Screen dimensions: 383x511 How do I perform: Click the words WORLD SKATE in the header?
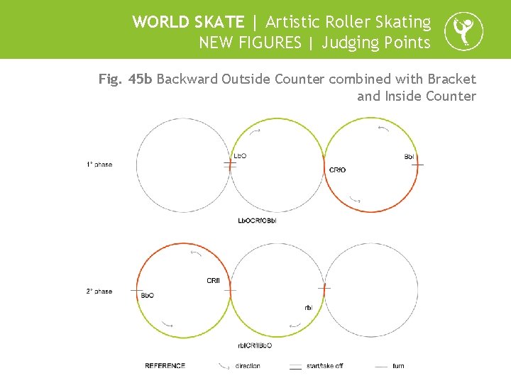pyautogui.click(x=188, y=22)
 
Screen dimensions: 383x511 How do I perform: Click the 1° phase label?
pyautogui.click(x=99, y=165)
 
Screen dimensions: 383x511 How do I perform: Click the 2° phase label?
pyautogui.click(x=99, y=292)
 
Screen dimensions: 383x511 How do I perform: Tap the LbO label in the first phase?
pyautogui.click(x=240, y=156)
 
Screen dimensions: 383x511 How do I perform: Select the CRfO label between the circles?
pyautogui.click(x=338, y=170)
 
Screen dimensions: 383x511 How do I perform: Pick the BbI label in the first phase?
pyautogui.click(x=410, y=156)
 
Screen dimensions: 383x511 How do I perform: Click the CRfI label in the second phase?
pyautogui.click(x=213, y=281)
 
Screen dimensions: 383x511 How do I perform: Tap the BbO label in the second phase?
pyautogui.click(x=148, y=295)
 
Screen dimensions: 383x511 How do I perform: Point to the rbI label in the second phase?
pyautogui.click(x=308, y=307)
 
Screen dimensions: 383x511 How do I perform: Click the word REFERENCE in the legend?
pyautogui.click(x=165, y=366)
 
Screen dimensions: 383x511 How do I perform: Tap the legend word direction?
pyautogui.click(x=248, y=366)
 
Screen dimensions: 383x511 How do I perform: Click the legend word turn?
pyautogui.click(x=398, y=366)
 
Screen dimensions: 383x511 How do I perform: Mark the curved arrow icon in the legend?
pyautogui.click(x=223, y=366)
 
